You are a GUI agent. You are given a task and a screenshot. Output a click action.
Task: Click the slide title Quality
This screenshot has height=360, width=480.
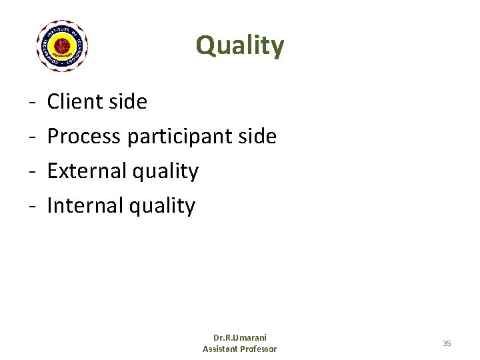pos(240,46)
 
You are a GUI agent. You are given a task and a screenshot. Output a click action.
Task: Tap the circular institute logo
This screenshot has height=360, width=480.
pos(62,46)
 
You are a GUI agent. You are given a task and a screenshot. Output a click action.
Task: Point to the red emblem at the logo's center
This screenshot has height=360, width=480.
pos(62,46)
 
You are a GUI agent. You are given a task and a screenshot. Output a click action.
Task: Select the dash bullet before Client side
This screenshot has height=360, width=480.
pos(32,102)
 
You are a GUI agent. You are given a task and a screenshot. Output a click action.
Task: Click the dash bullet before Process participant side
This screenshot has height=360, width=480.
pos(32,137)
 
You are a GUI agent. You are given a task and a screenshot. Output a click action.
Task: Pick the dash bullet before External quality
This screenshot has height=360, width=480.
pos(32,171)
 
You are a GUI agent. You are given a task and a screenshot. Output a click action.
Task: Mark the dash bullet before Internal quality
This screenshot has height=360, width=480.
pos(32,206)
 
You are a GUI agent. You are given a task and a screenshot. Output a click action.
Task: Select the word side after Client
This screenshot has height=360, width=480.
pos(129,101)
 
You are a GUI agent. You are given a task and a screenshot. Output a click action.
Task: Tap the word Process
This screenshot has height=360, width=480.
pos(84,136)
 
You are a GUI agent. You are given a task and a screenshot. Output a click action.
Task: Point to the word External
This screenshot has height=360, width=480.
pos(87,171)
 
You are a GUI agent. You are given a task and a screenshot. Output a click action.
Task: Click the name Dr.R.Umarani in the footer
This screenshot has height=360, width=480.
pos(239,338)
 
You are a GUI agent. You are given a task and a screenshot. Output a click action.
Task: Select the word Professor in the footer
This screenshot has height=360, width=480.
pos(260,349)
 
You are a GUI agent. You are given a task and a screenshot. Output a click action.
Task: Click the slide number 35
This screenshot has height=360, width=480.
pos(447,343)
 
